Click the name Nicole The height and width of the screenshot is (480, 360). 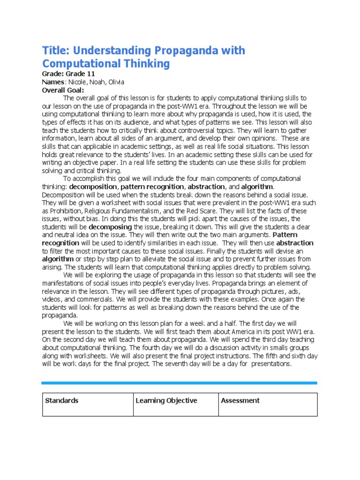click(76, 82)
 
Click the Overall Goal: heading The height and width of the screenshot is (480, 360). click(63, 90)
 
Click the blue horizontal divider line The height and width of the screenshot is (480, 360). click(180, 383)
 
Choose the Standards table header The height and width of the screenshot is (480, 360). click(61, 401)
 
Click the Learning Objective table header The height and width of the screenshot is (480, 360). click(166, 401)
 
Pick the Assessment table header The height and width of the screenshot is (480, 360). click(240, 401)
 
